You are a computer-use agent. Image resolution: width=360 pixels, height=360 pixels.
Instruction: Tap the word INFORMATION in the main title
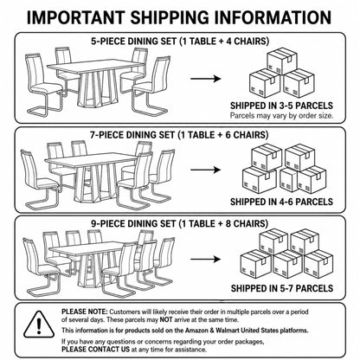tap(270, 17)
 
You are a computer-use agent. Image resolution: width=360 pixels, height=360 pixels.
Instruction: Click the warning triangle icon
tap(39, 325)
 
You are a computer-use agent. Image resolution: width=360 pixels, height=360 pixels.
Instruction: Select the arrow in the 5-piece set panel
tap(206, 79)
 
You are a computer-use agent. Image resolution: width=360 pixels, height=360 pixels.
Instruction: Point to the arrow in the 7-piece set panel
tap(206, 170)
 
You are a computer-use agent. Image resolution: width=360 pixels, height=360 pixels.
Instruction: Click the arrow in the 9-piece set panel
tap(206, 259)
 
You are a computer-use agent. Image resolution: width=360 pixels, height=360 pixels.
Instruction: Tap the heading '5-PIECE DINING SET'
tap(133, 42)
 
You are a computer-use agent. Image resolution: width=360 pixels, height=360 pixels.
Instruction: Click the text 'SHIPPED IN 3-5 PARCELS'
tap(281, 106)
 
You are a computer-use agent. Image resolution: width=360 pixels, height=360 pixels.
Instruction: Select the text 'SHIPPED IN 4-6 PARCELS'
tap(281, 202)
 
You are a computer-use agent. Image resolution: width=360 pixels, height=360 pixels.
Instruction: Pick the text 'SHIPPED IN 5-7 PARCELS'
tap(282, 288)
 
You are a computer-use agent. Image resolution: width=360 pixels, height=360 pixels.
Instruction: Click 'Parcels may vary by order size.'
tap(281, 116)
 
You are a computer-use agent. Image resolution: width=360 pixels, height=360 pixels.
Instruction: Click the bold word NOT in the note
tap(166, 319)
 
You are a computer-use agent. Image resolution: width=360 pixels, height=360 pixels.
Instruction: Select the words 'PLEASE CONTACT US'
tap(95, 350)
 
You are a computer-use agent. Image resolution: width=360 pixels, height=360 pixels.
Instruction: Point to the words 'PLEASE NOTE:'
tap(85, 312)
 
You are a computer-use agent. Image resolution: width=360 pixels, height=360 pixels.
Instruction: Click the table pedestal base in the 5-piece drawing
tap(97, 88)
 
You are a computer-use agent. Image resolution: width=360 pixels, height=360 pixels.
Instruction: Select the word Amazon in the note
tap(196, 331)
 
